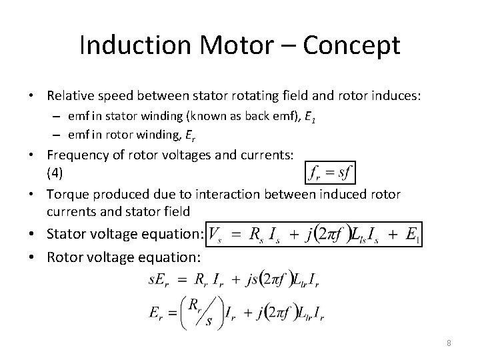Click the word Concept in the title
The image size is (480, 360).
351,45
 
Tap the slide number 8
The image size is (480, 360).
449,343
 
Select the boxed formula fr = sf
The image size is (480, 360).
329,172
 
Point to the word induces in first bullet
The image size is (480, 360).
397,97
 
